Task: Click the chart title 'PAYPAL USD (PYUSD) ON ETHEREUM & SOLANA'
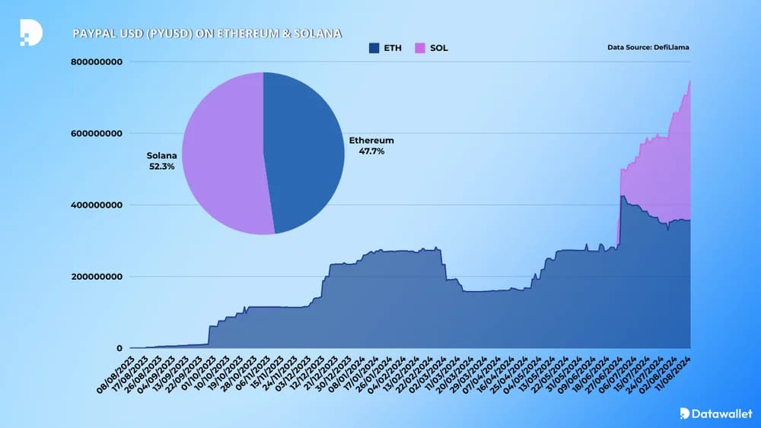(x=207, y=34)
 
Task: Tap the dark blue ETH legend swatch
(x=374, y=48)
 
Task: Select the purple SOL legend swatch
(x=418, y=48)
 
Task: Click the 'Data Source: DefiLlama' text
(x=648, y=48)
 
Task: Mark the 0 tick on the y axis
(x=119, y=348)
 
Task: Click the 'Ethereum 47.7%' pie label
(x=371, y=146)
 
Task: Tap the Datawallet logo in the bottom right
(x=715, y=414)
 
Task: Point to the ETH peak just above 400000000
(x=623, y=197)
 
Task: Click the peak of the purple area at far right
(x=689, y=81)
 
